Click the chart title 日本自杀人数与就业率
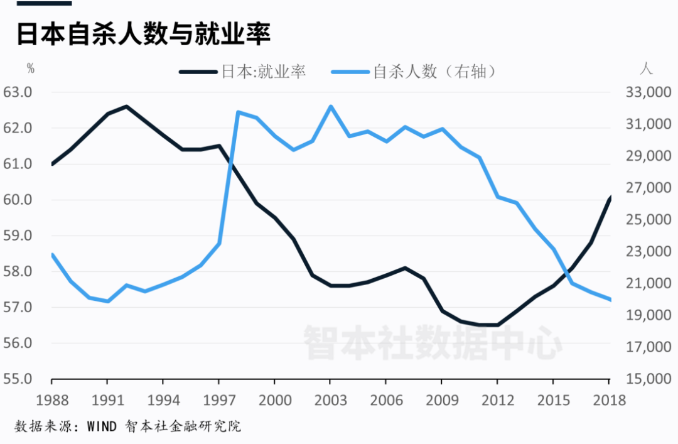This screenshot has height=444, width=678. pos(143,34)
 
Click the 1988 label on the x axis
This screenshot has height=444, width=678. pos(51,400)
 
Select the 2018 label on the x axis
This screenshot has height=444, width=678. pos(608,400)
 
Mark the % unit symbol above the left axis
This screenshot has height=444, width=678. pos(31,68)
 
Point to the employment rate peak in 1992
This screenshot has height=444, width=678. pos(126,106)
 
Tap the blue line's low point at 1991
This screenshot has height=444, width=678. pos(108,301)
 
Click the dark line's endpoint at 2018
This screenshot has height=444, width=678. pos(610,197)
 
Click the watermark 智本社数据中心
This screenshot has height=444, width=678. pos(433,342)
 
